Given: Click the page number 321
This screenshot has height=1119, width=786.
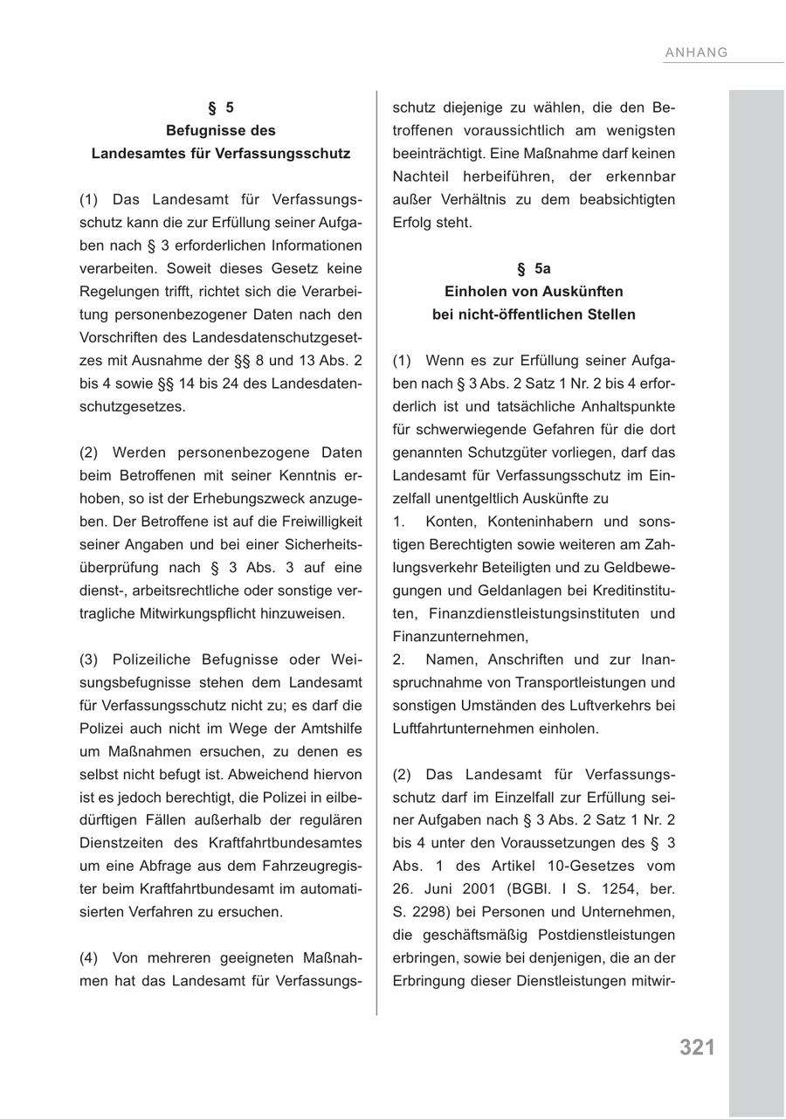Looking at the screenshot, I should [x=697, y=1047].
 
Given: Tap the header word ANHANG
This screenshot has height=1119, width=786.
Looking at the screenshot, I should [x=696, y=52].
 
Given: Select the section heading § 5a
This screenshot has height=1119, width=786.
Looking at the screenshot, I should [x=534, y=269].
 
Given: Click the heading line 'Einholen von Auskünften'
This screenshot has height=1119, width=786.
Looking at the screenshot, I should [x=534, y=292].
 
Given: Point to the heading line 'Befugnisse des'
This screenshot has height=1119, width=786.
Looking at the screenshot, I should [x=221, y=131].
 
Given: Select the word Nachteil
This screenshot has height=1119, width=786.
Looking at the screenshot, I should [x=422, y=176].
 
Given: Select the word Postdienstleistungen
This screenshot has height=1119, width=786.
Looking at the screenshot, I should [x=607, y=935].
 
